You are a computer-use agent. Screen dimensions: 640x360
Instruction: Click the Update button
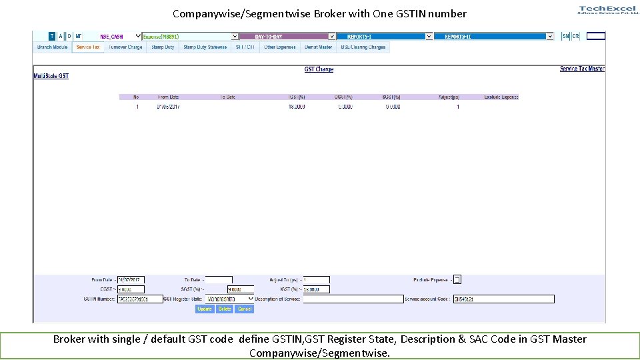[205, 309]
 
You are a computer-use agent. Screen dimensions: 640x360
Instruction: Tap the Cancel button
[245, 309]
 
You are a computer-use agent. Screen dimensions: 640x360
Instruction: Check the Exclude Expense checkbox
[457, 280]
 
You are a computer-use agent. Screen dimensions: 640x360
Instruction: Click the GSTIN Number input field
[140, 299]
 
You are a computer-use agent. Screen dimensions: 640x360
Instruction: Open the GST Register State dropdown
[229, 299]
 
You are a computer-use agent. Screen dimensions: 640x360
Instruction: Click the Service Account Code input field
[503, 299]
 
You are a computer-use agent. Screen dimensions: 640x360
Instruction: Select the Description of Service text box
[353, 299]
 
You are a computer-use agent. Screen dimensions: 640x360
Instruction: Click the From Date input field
[131, 280]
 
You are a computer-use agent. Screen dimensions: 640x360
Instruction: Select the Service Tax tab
[88, 47]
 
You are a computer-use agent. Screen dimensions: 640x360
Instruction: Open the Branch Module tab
[53, 47]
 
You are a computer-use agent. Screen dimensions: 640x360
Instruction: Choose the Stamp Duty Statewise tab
[205, 47]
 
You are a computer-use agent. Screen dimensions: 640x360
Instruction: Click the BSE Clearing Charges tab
[363, 47]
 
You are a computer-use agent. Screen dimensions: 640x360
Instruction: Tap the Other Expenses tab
[279, 47]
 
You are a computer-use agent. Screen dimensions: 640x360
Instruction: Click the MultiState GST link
[51, 76]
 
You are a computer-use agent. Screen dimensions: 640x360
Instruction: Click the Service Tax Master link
[582, 69]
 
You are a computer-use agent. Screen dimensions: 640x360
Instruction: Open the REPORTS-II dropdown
[494, 37]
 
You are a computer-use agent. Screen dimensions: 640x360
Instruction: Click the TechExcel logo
[607, 9]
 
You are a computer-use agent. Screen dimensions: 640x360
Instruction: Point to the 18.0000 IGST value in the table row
[297, 107]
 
